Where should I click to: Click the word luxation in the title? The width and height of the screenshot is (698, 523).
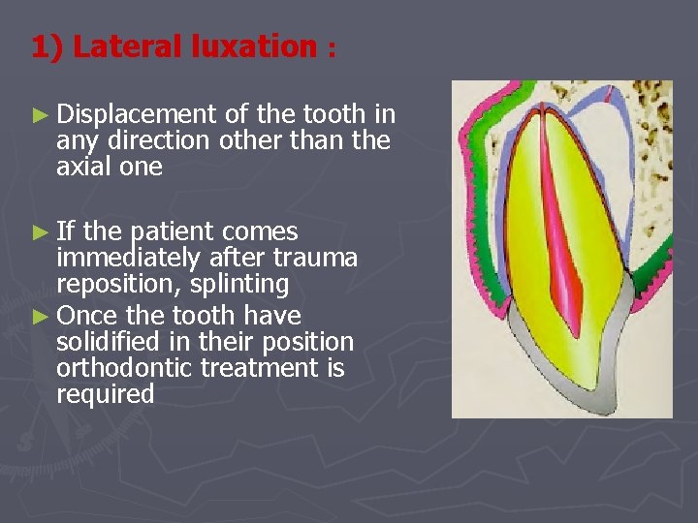(x=245, y=46)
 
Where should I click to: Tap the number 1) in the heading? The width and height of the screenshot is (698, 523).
(x=47, y=46)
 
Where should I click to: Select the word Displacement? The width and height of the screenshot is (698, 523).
(x=136, y=115)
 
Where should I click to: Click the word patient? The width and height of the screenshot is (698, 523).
(x=174, y=232)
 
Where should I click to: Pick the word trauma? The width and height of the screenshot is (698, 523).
(x=317, y=259)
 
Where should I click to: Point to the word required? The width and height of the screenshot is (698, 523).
(x=105, y=394)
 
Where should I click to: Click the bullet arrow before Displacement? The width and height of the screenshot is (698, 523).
(x=40, y=115)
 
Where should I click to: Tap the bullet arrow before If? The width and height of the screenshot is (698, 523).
(x=40, y=232)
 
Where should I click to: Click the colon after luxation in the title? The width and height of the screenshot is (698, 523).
(x=332, y=50)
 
